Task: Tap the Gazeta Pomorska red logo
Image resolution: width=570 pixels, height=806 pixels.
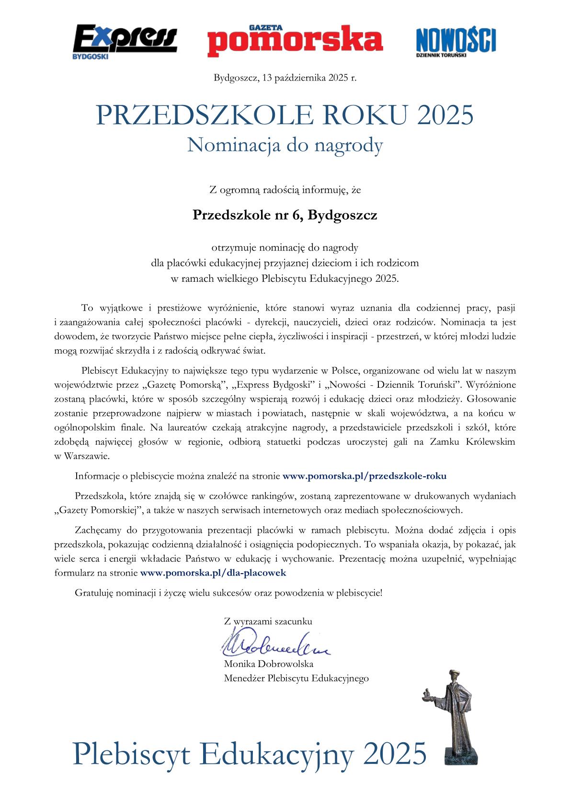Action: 295,38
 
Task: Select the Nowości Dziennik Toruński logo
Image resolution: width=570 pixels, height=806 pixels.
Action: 456,42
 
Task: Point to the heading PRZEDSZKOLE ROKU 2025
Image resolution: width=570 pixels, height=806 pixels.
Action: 285,115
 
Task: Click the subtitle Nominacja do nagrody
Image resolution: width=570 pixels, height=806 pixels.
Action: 285,145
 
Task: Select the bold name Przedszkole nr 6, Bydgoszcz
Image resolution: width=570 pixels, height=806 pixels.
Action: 285,215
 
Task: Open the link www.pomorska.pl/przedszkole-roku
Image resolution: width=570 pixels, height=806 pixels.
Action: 365,476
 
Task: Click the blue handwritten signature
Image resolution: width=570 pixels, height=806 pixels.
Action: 273,647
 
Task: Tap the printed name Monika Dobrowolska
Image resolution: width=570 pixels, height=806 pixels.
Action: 268,664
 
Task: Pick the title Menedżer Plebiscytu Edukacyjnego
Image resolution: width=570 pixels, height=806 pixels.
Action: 296,678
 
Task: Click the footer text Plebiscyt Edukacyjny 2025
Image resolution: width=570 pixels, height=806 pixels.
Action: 249,753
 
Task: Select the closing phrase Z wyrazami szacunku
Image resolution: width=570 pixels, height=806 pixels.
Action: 268,622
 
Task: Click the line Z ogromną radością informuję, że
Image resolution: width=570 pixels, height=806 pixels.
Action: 285,190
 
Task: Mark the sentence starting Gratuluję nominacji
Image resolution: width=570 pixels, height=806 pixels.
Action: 228,593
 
